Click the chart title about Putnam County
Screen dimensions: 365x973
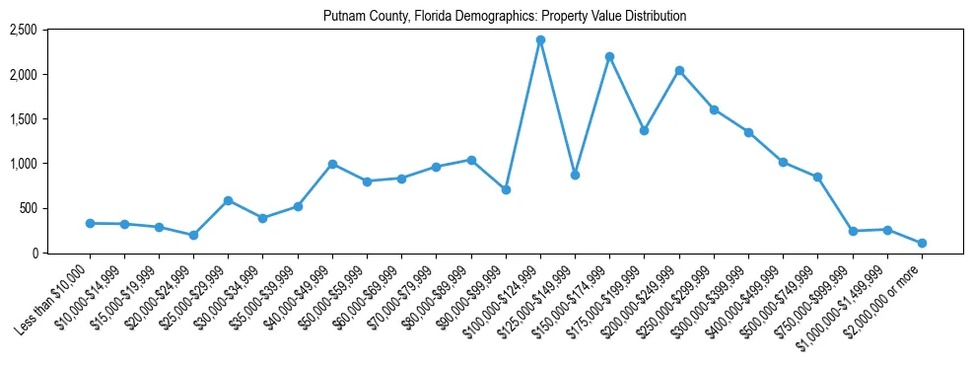(x=505, y=16)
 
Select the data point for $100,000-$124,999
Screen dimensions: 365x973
(x=540, y=40)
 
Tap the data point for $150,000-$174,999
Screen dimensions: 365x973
(x=609, y=56)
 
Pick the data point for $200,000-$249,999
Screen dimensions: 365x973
(x=679, y=71)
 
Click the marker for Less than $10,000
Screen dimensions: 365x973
(x=90, y=223)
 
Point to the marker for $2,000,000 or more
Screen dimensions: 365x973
(x=922, y=243)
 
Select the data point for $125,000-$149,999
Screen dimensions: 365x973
(x=575, y=175)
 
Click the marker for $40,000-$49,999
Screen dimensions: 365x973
(x=332, y=164)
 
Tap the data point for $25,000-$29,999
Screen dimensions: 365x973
(x=228, y=200)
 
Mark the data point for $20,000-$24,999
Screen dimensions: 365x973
(x=193, y=235)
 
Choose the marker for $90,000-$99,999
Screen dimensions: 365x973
(x=506, y=189)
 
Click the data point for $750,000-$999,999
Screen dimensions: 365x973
(x=853, y=231)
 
